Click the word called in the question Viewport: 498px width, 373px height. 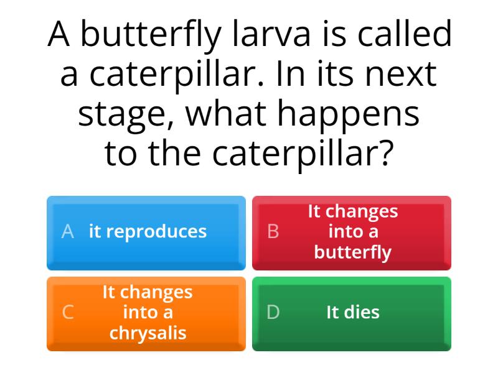tap(402, 34)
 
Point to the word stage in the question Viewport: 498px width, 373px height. tap(124, 115)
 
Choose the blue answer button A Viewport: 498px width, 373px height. tap(146, 233)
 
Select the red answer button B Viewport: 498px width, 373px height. tap(352, 233)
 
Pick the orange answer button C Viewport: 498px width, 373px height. tap(146, 313)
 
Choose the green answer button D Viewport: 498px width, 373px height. tap(352, 313)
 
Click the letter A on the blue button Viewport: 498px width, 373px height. tap(68, 232)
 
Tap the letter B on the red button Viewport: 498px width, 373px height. tap(273, 232)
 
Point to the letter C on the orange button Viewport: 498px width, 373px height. tap(68, 313)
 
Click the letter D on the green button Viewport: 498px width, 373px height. tap(273, 313)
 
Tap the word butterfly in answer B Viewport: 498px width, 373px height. tap(353, 252)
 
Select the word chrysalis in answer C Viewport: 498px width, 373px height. tap(148, 333)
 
